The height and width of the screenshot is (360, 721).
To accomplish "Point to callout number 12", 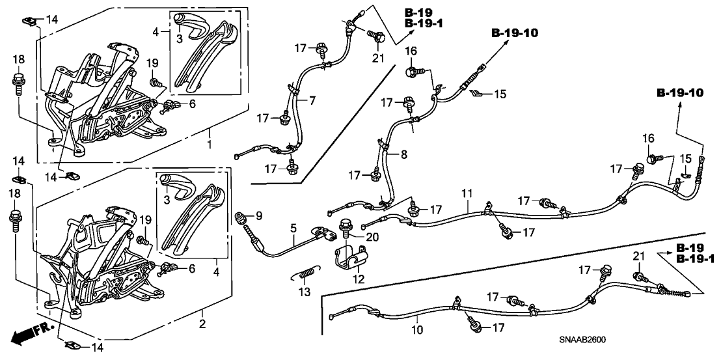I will pyautogui.click(x=356, y=279).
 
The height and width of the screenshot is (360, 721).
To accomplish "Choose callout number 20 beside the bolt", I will pyautogui.click(x=372, y=238).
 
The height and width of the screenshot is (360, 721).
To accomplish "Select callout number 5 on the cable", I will pyautogui.click(x=293, y=228).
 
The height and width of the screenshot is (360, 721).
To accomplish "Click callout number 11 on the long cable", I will pyautogui.click(x=466, y=194).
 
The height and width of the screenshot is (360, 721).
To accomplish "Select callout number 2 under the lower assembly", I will pyautogui.click(x=202, y=324).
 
